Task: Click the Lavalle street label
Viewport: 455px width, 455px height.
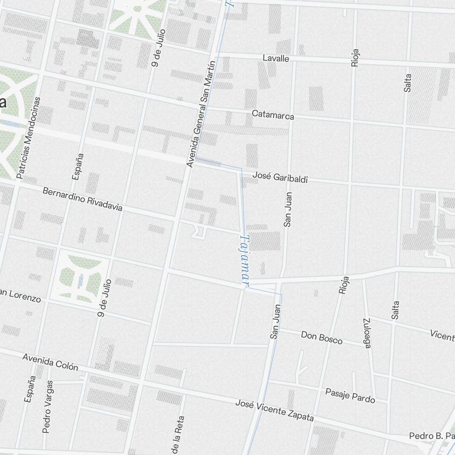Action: pos(276,58)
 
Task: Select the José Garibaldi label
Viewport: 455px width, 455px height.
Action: pos(280,177)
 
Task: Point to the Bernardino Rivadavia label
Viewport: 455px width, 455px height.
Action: pos(82,199)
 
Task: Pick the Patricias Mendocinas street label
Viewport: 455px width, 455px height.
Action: pos(28,137)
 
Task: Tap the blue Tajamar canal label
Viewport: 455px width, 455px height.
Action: pos(245,261)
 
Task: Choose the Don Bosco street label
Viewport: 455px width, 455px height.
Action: pos(321,337)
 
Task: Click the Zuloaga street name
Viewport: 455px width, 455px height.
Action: pos(367,333)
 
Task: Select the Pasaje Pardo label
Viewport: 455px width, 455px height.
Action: pos(350,395)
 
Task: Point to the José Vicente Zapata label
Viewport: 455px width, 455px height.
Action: pos(274,410)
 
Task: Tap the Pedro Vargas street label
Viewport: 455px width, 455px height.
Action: pos(47,407)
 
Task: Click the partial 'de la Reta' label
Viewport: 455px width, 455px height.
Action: pos(177,435)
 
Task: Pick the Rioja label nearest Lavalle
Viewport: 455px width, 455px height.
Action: pos(355,58)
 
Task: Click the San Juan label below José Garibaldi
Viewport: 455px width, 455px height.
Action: pos(288,209)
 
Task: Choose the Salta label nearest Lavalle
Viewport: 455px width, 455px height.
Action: pos(407,83)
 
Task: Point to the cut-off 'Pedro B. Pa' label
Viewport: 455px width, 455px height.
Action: pos(431,436)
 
